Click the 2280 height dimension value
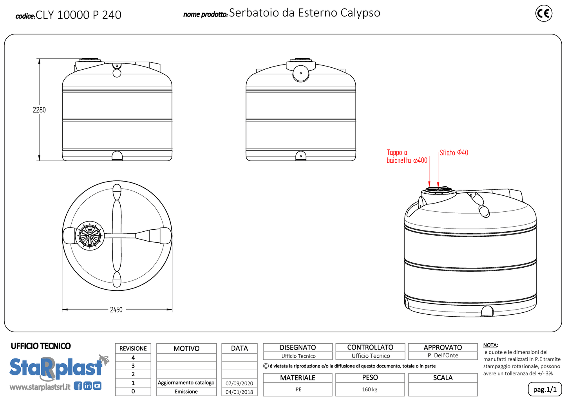(x=39, y=110)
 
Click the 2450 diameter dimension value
(x=116, y=310)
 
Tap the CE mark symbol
(x=544, y=13)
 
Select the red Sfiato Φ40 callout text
(x=454, y=153)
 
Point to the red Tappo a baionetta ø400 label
(x=407, y=156)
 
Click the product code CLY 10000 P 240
(x=78, y=15)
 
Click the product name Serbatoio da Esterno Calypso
(x=304, y=13)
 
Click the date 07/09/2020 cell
(x=239, y=383)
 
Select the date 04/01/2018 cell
(x=239, y=392)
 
